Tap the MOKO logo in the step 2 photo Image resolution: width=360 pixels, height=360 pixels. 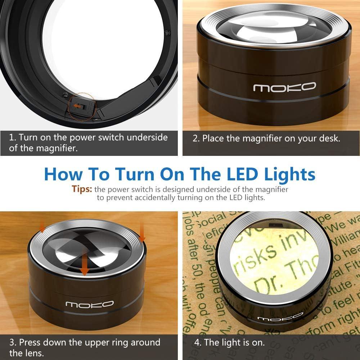click(284, 87)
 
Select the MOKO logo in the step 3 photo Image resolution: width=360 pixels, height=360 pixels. click(90, 305)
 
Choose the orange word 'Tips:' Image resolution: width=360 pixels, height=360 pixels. click(82, 189)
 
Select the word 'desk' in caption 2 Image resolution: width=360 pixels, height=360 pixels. click(328, 138)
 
